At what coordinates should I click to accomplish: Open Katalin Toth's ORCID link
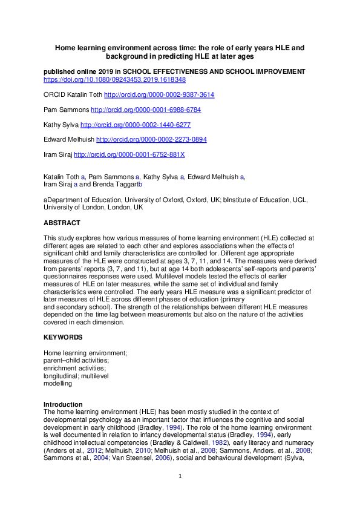click(x=159, y=95)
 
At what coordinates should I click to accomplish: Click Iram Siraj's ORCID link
click(x=129, y=154)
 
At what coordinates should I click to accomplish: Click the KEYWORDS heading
click(x=63, y=337)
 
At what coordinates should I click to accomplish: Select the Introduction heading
click(x=63, y=404)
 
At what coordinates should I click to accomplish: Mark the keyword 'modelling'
click(x=57, y=383)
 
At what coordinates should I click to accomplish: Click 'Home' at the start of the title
click(x=65, y=47)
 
